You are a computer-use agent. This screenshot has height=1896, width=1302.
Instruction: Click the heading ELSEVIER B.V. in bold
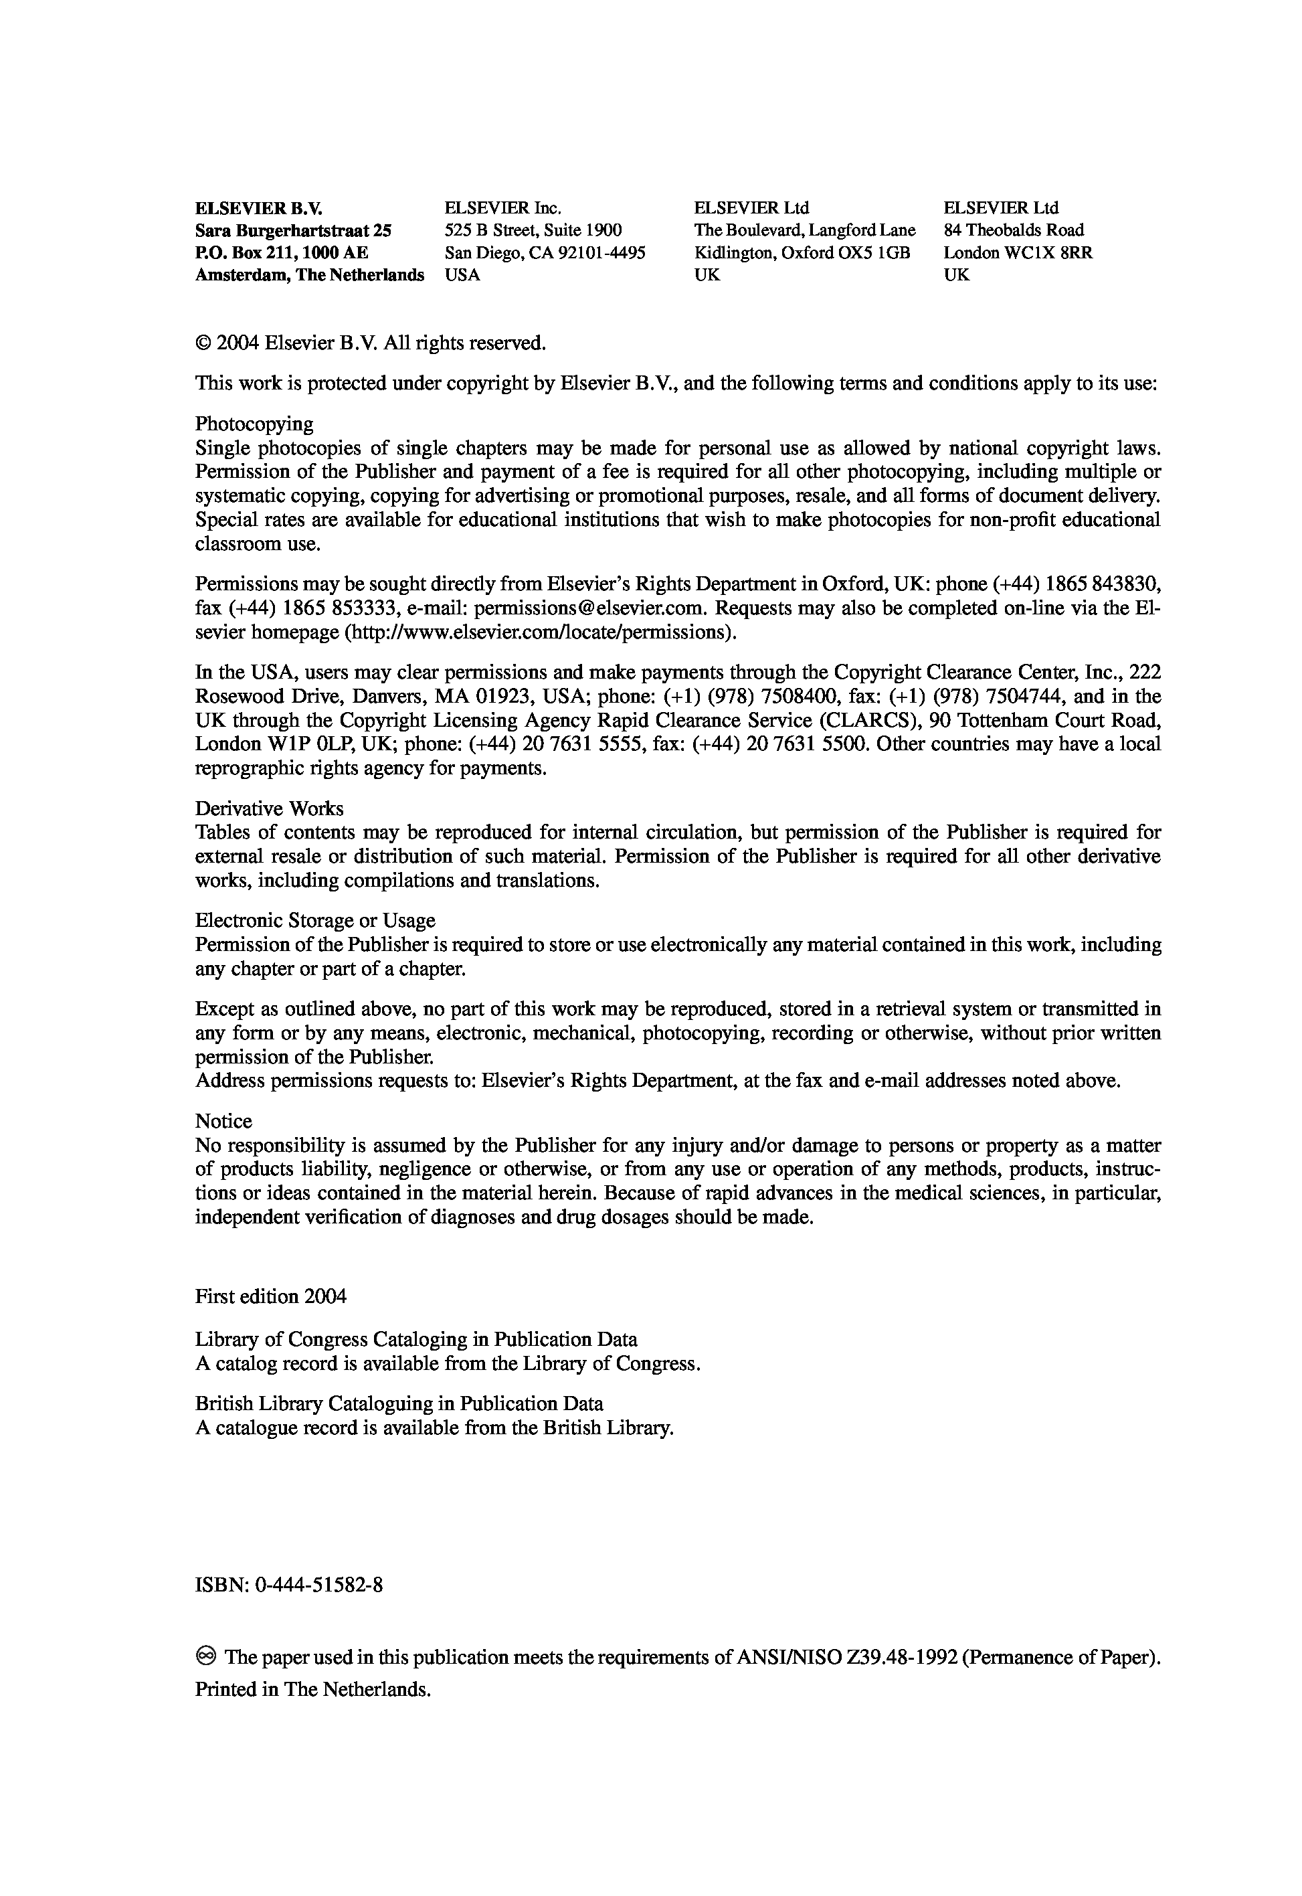(264, 208)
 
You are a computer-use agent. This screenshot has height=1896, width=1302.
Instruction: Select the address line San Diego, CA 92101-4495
(545, 253)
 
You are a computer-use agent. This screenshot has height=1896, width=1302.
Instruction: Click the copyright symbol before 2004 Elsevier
(203, 343)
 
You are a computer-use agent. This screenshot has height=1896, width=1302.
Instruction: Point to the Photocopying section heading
(254, 424)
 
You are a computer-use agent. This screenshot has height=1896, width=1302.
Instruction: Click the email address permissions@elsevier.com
(591, 608)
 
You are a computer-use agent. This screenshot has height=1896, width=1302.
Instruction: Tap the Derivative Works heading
(269, 808)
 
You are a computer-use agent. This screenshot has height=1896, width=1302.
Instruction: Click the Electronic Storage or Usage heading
(315, 920)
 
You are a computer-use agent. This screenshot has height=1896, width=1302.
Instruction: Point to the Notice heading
(223, 1121)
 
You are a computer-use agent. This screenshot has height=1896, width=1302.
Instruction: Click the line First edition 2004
(271, 1296)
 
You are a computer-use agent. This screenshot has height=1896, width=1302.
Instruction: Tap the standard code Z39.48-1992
(905, 1657)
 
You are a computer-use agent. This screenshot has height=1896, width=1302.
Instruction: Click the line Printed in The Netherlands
(312, 1689)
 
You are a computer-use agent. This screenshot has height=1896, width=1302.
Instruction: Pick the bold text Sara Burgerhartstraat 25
(293, 231)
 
